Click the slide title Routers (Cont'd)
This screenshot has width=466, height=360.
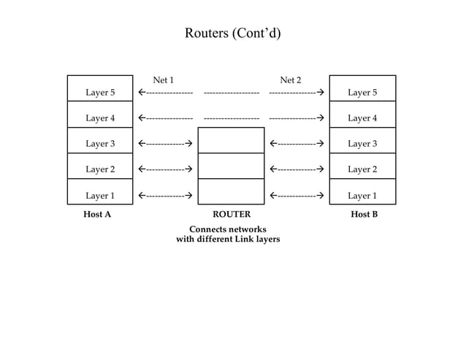(232, 34)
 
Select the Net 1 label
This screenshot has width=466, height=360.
(163, 80)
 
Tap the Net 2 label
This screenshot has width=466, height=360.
(291, 80)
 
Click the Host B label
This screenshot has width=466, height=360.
(364, 215)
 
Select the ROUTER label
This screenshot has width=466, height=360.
(231, 215)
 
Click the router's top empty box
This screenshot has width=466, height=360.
(231, 140)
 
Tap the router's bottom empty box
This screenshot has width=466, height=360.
(231, 192)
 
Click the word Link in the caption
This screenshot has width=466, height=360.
(234, 239)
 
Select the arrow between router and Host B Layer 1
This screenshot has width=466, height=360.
(297, 196)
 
